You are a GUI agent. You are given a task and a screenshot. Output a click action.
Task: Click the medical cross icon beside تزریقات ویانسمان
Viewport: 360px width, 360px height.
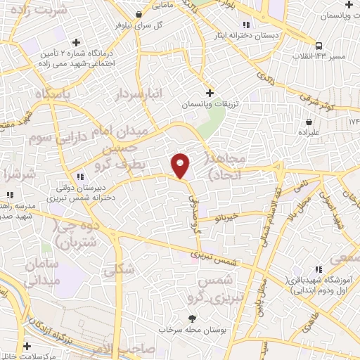[x=209, y=93]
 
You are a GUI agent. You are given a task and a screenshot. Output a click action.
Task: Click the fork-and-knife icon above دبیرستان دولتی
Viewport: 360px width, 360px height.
[x=81, y=176]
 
